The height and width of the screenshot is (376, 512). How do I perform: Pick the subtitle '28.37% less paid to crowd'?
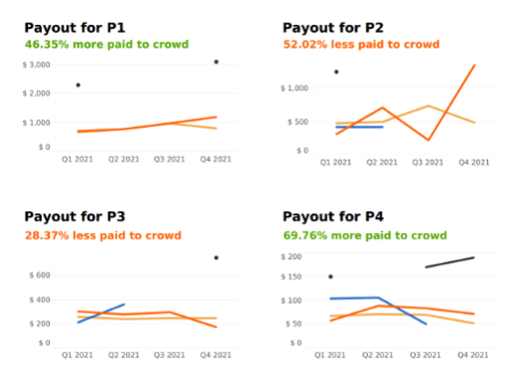pyautogui.click(x=102, y=235)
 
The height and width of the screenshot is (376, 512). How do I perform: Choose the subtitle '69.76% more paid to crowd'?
pyautogui.click(x=362, y=235)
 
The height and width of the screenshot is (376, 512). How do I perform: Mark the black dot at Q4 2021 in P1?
pyautogui.click(x=216, y=62)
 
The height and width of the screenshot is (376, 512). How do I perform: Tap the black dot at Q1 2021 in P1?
pyautogui.click(x=78, y=85)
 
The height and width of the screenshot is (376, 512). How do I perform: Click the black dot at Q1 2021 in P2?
pyautogui.click(x=336, y=71)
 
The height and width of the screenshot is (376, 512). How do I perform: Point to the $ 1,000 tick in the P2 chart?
pyautogui.click(x=297, y=88)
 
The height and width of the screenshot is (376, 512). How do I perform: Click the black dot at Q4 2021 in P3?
pyautogui.click(x=216, y=258)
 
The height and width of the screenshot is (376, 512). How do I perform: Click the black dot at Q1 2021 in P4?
pyautogui.click(x=330, y=277)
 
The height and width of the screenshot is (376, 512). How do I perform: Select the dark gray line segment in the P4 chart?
pyautogui.click(x=449, y=262)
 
